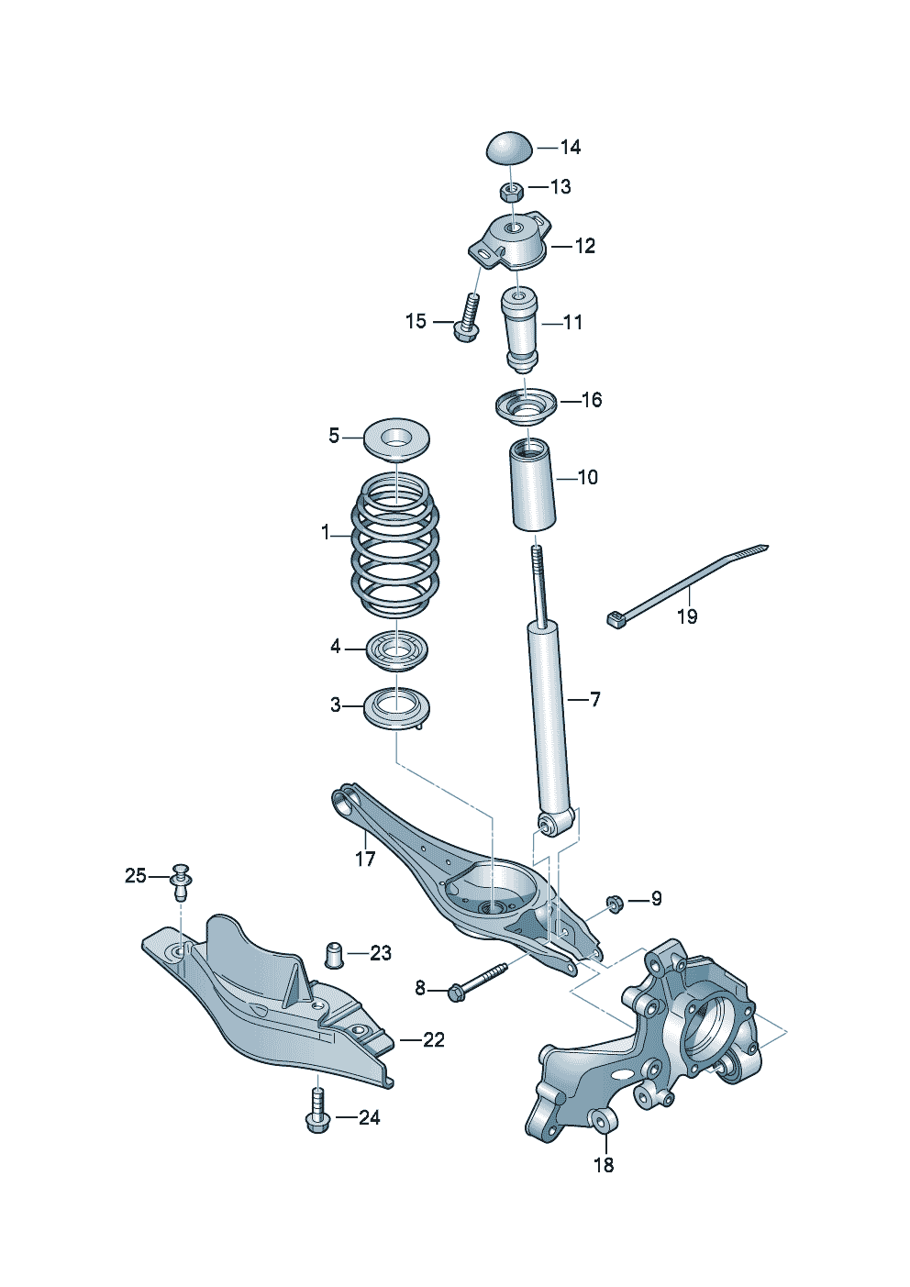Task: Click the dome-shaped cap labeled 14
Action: coord(508,147)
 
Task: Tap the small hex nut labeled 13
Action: coord(512,191)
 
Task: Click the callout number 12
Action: coord(584,246)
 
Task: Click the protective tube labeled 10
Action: coord(533,485)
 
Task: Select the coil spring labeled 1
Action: coord(394,546)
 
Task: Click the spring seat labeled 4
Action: coord(396,651)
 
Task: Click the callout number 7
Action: coord(595,700)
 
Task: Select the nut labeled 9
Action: coord(616,904)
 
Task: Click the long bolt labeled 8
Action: coord(477,980)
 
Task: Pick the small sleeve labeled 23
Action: coord(337,954)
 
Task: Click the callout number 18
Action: coord(604,1165)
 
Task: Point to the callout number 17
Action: coord(365,859)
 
